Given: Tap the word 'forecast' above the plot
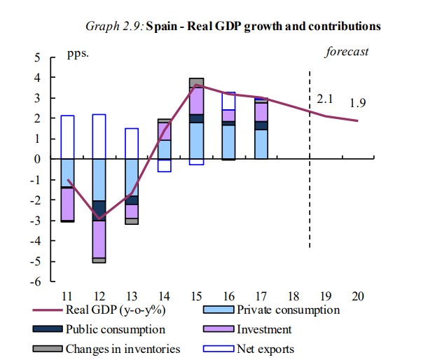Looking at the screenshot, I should click(x=347, y=52).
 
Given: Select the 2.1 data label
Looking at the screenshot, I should click(x=324, y=99).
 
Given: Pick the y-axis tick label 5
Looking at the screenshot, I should click(x=36, y=57).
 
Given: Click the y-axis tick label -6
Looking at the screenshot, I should click(x=34, y=282).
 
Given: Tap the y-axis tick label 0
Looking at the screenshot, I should click(x=36, y=159).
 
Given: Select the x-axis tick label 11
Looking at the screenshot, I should click(x=67, y=296).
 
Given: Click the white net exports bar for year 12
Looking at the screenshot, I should click(x=99, y=137).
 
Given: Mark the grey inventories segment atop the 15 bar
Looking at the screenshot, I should click(x=196, y=82).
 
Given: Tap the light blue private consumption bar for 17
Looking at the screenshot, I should click(x=261, y=144).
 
